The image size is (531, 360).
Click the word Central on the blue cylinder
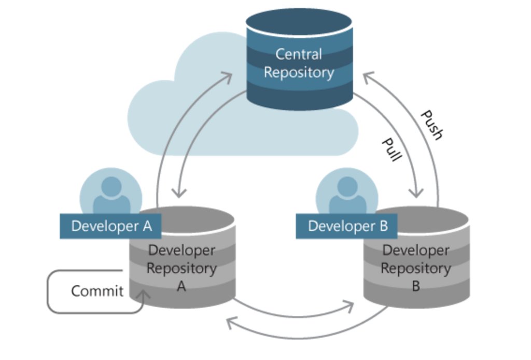tap(298, 54)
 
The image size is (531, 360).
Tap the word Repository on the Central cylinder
tap(299, 73)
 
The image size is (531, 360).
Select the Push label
tap(432, 125)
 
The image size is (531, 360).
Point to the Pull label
tap(392, 149)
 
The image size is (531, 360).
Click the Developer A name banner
tap(110, 226)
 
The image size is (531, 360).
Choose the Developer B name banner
tap(346, 226)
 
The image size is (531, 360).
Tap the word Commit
tap(97, 291)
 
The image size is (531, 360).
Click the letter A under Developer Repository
tap(181, 286)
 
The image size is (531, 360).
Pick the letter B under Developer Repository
tap(416, 286)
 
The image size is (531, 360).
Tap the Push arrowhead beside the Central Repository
tap(368, 77)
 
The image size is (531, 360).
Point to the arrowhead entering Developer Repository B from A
tap(349, 306)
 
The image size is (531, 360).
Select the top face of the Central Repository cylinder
tap(299, 21)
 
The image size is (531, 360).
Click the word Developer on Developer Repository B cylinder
tap(416, 251)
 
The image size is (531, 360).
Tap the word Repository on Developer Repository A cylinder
tap(181, 269)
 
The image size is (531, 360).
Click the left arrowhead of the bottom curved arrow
tap(232, 323)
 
